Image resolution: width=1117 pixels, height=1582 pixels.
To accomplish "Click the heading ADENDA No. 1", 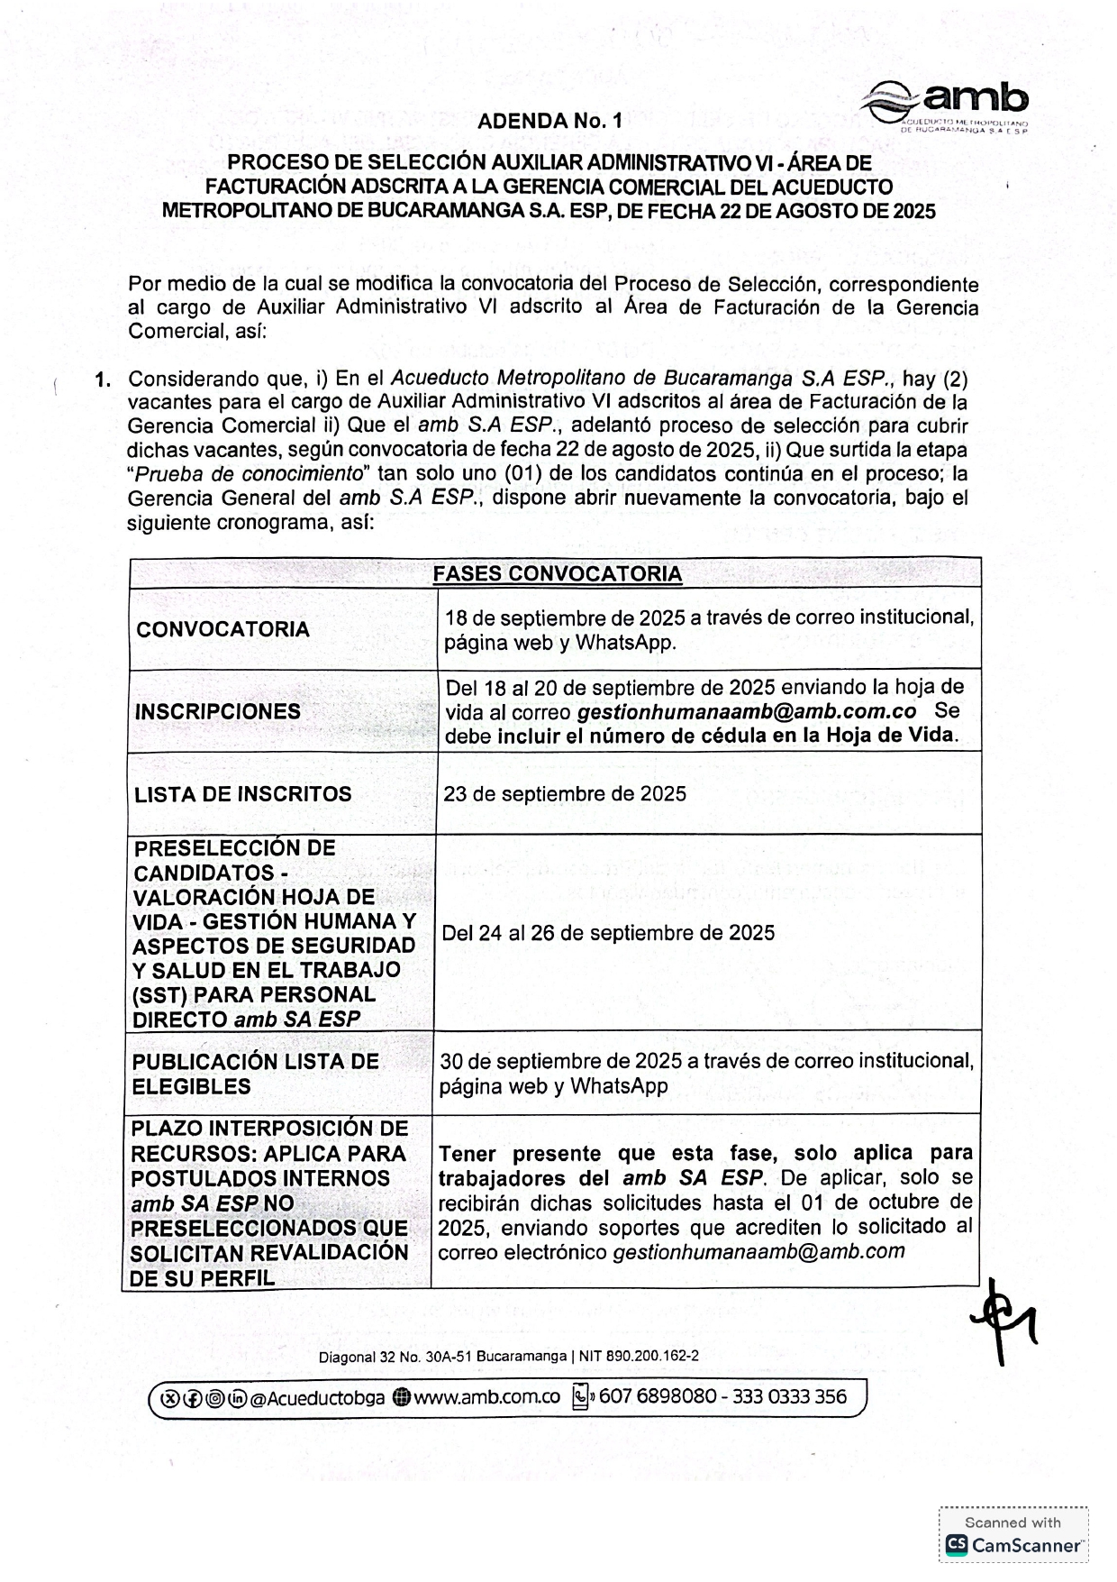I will pyautogui.click(x=549, y=121).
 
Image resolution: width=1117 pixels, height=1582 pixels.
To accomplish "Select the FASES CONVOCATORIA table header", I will pyautogui.click(x=557, y=574).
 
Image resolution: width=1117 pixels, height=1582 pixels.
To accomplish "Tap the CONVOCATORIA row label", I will pyautogui.click(x=222, y=629).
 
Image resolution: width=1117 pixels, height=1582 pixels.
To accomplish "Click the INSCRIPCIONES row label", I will pyautogui.click(x=217, y=711).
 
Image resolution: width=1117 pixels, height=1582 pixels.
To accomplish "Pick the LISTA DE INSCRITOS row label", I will pyautogui.click(x=242, y=794).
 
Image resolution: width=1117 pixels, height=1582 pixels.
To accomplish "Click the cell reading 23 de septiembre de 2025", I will pyautogui.click(x=564, y=794).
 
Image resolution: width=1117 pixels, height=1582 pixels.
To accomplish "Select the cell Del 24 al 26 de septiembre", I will pyautogui.click(x=607, y=933).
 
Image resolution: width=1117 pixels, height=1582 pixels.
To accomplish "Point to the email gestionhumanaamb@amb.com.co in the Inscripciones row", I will pyautogui.click(x=746, y=711).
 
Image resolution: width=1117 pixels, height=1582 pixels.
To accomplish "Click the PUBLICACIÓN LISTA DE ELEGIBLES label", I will pyautogui.click(x=255, y=1074).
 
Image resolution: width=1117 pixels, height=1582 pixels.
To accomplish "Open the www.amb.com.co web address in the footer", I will pyautogui.click(x=486, y=1397).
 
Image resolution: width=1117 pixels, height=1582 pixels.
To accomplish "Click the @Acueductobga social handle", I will pyautogui.click(x=317, y=1398).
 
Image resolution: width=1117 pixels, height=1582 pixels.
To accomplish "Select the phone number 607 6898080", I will pyautogui.click(x=657, y=1397).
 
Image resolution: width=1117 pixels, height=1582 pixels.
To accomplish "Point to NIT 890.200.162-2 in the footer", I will pyautogui.click(x=639, y=1356).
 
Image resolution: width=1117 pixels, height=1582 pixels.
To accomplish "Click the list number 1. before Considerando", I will pyautogui.click(x=104, y=379).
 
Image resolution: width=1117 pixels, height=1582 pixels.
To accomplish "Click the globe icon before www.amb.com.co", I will pyautogui.click(x=402, y=1398).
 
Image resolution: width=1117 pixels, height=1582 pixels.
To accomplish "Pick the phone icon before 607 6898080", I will pyautogui.click(x=581, y=1397).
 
